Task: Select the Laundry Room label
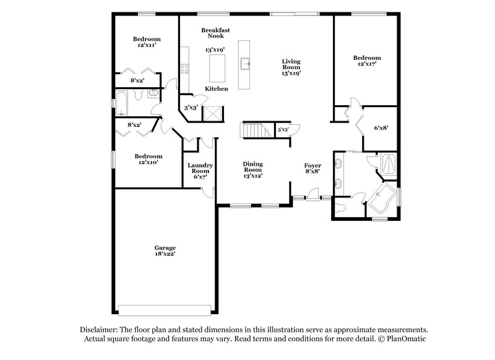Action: [200, 168]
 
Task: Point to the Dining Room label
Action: [252, 167]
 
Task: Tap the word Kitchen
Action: [217, 89]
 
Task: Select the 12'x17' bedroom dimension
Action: [366, 63]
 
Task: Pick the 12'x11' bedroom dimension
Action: [147, 45]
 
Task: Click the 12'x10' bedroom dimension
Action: [148, 163]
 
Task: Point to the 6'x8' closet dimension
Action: [381, 128]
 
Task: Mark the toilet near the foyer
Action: [344, 208]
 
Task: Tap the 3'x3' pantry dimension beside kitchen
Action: [191, 108]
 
